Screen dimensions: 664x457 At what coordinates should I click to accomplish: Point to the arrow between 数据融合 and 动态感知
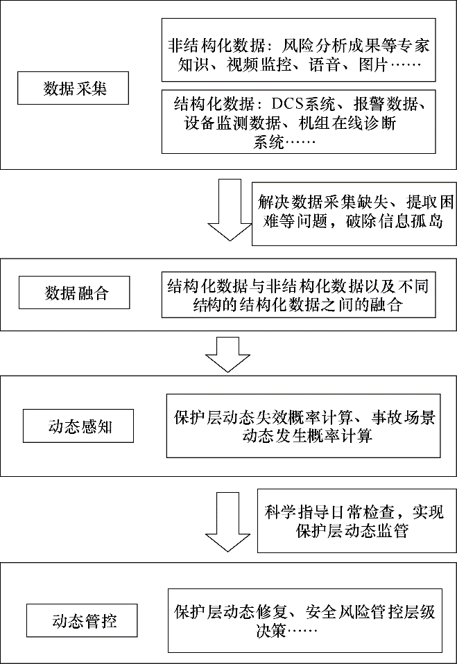click(228, 354)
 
